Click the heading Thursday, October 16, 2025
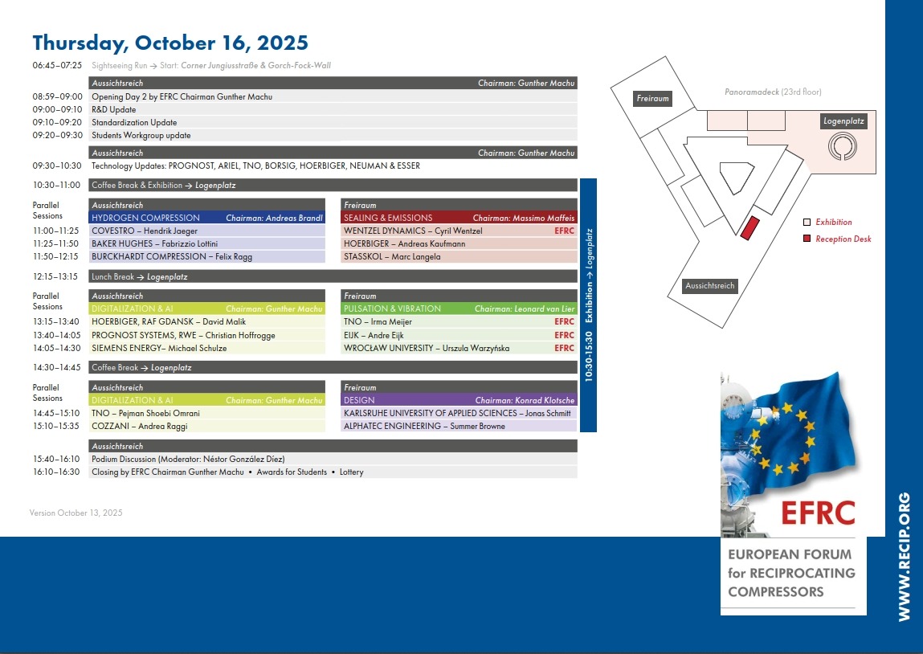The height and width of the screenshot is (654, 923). click(x=169, y=43)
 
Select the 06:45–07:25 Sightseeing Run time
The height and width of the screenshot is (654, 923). click(x=57, y=65)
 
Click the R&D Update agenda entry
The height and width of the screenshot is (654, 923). click(x=114, y=109)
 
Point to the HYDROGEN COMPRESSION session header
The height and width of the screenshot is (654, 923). click(x=146, y=218)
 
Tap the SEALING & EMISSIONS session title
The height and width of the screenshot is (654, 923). click(x=388, y=218)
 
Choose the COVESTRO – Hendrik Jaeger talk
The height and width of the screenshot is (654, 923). click(x=145, y=231)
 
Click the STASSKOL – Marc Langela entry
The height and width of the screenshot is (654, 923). click(x=392, y=256)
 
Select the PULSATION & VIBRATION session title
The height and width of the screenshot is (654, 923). click(x=392, y=309)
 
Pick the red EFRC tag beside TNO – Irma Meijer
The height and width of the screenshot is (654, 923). click(x=564, y=321)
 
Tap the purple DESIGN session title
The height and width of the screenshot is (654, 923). click(x=359, y=400)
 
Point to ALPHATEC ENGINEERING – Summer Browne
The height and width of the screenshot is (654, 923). click(x=424, y=426)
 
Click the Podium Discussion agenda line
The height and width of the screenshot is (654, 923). click(x=189, y=459)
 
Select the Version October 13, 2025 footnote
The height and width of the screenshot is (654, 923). click(x=76, y=513)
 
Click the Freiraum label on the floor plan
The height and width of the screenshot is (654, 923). click(x=652, y=99)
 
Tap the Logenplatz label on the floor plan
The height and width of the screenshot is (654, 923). click(x=843, y=121)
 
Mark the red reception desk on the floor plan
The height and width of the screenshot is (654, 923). click(x=749, y=227)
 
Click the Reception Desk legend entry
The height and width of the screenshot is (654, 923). click(x=843, y=239)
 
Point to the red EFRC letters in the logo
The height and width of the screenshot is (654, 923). click(x=816, y=512)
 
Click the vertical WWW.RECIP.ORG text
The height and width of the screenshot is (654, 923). click(x=904, y=556)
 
